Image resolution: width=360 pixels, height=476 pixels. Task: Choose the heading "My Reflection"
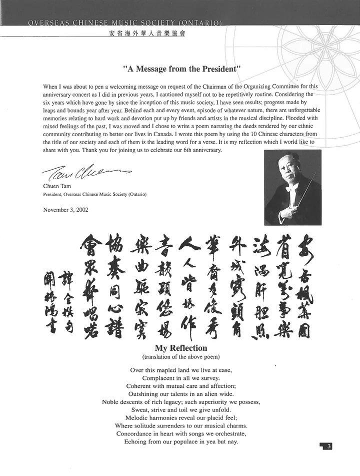click(180, 348)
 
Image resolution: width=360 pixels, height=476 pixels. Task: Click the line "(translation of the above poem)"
click(180, 357)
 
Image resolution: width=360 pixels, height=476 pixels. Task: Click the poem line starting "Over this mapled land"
click(180, 370)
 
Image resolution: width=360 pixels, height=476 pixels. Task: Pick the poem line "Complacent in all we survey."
click(180, 378)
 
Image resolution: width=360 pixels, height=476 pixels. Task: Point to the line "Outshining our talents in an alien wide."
click(180, 394)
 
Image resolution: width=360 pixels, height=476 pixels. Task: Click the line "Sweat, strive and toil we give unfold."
click(180, 409)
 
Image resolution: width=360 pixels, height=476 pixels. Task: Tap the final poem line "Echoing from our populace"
click(180, 441)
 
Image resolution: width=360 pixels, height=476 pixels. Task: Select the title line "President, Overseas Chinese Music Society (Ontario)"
click(95, 194)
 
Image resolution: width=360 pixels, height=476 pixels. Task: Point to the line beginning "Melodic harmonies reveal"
click(180, 417)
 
